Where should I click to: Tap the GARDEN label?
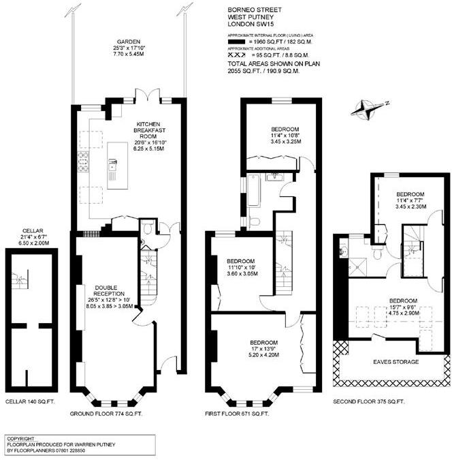point(129,42)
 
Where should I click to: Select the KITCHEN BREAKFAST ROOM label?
point(149,130)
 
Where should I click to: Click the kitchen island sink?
point(112,164)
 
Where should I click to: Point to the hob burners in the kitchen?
point(83,162)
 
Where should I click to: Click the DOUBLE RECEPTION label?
point(109,291)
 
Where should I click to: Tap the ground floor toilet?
point(148,227)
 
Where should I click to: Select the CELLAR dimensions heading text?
point(33,231)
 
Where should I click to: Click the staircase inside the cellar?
point(20,280)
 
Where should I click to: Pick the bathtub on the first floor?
point(253,190)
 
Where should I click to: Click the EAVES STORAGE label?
point(395,362)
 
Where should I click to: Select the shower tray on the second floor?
point(357,267)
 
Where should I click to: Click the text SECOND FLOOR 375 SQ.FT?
point(369,401)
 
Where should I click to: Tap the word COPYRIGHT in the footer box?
point(20,439)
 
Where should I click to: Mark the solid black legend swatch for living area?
point(236,42)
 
